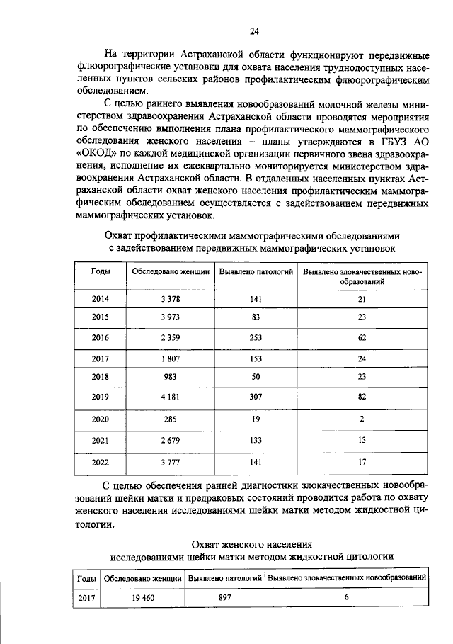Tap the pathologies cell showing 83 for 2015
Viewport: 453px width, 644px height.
pos(256,317)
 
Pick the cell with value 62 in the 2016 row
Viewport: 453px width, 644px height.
pos(362,338)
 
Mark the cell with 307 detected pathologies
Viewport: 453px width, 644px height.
pos(256,397)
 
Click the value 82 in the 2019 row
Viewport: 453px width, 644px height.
pos(362,397)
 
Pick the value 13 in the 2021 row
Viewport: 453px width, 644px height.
pos(362,441)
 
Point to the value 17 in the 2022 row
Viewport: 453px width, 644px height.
pos(362,463)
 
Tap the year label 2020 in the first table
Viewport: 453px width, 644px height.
pos(101,419)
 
